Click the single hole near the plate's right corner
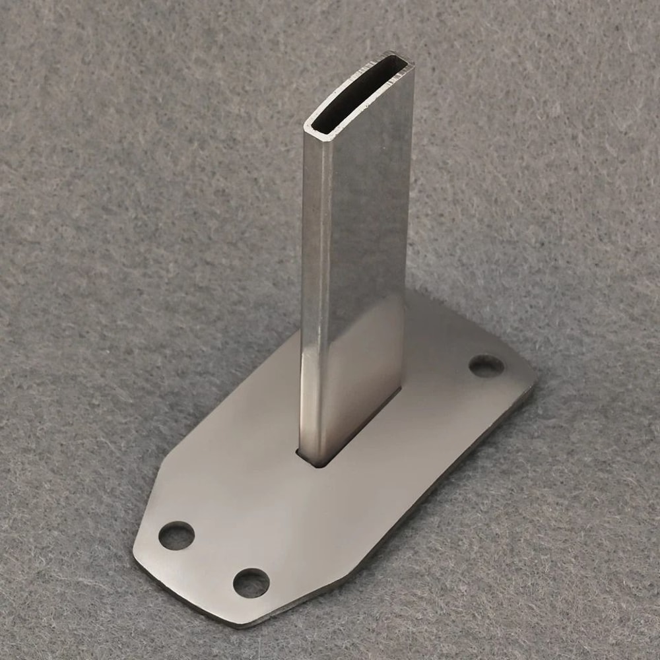coord(486,366)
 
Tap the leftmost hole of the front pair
coord(176,535)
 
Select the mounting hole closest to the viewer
coord(251,583)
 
